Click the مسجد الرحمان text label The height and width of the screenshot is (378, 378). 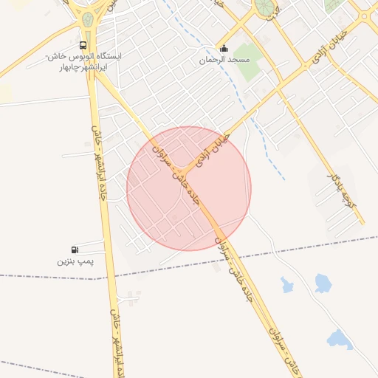(x=224, y=59)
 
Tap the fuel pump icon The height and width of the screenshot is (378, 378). (x=75, y=250)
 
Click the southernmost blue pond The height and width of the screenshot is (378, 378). (x=340, y=339)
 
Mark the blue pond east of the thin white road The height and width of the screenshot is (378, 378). (x=323, y=282)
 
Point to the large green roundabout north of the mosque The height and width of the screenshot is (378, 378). (x=263, y=8)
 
